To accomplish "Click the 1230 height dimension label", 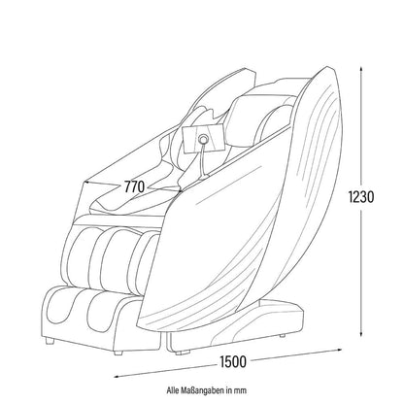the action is coord(361,196).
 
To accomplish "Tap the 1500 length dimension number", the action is coord(233,362).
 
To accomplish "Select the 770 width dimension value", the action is coord(134,186).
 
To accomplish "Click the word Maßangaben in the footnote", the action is coord(205,390).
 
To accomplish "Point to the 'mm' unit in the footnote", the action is coord(241,390).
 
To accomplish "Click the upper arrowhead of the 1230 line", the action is coord(361,70).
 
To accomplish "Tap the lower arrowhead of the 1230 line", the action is coord(361,334).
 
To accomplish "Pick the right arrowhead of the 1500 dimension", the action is coord(338,350).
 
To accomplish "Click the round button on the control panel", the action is coord(203,139).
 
